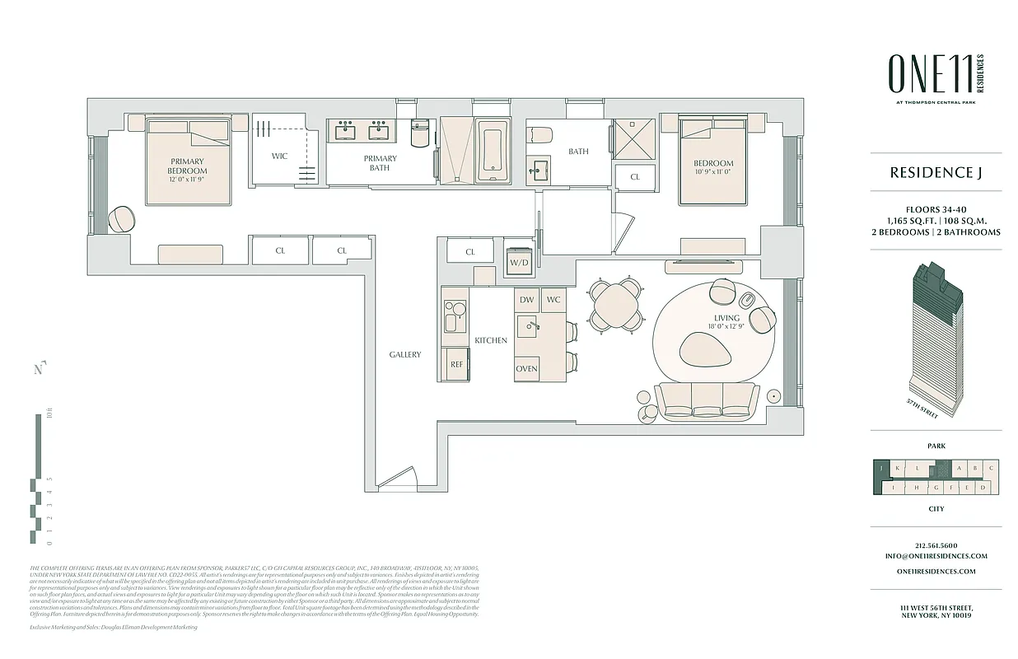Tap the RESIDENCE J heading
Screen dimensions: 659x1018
pos(936,173)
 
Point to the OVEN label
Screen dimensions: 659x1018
pos(526,368)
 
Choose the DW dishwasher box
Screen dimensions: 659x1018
pos(526,300)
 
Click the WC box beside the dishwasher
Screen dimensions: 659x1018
pos(553,300)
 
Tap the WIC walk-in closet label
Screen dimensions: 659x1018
pos(280,156)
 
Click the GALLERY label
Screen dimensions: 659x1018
pos(405,355)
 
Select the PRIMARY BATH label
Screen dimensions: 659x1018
pos(380,163)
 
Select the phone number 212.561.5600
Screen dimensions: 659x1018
pos(936,545)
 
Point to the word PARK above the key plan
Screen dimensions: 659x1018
pos(936,446)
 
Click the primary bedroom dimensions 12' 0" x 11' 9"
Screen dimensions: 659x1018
pos(187,180)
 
